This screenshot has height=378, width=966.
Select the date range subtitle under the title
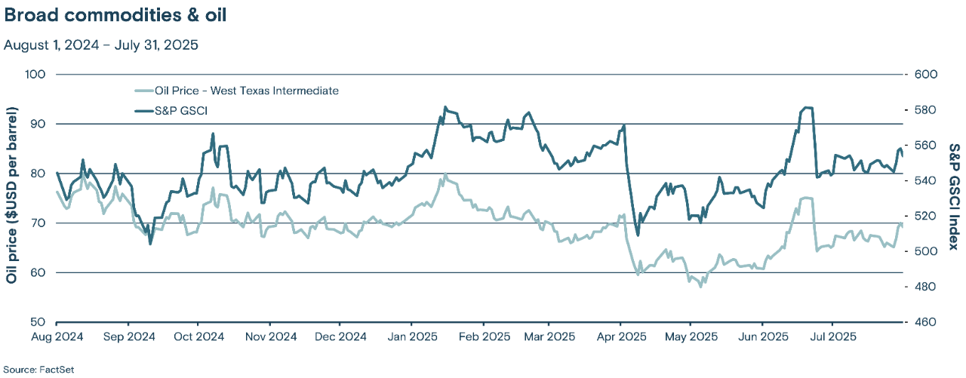pyautogui.click(x=100, y=45)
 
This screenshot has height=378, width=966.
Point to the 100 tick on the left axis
pyautogui.click(x=36, y=74)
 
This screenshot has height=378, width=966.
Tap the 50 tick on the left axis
pyautogui.click(x=39, y=322)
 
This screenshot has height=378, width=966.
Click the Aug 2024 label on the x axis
pyautogui.click(x=57, y=336)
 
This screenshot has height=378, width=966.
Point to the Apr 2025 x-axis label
pyautogui.click(x=620, y=336)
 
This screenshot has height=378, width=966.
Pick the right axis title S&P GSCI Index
pyautogui.click(x=953, y=198)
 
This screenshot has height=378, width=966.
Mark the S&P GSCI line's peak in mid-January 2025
pyautogui.click(x=445, y=107)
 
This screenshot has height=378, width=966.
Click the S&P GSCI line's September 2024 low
pyautogui.click(x=150, y=244)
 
